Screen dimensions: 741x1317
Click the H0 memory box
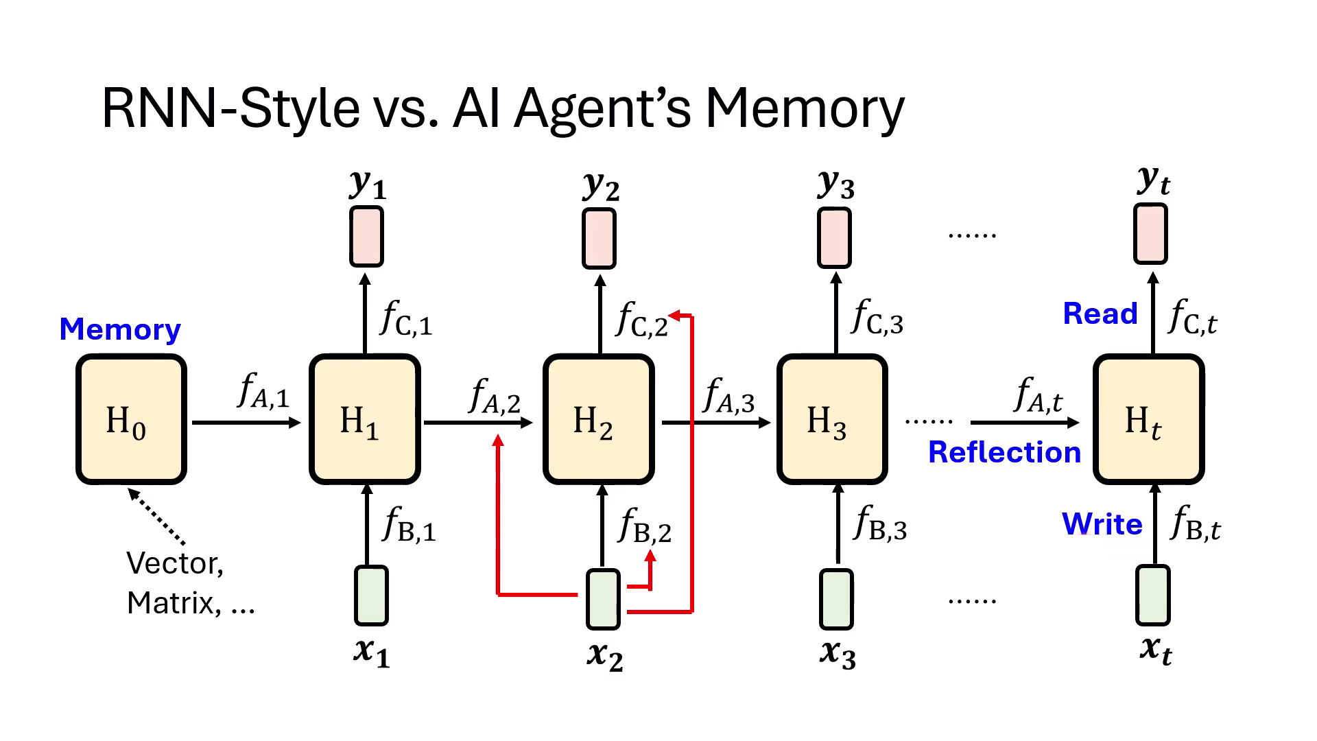pyautogui.click(x=131, y=419)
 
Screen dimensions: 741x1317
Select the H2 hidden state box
pyautogui.click(x=598, y=419)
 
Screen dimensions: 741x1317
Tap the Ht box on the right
pyautogui.click(x=1148, y=419)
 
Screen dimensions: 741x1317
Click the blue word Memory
pyautogui.click(x=120, y=329)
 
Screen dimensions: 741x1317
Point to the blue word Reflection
pyautogui.click(x=1004, y=453)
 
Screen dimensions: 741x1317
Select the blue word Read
pyautogui.click(x=1100, y=314)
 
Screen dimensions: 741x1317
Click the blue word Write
pyautogui.click(x=1102, y=524)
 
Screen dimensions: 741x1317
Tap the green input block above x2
pyautogui.click(x=603, y=599)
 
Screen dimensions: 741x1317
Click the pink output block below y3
pyautogui.click(x=834, y=238)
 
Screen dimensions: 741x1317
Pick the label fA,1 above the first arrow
pyautogui.click(x=263, y=391)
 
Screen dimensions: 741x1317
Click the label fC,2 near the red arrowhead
pyautogui.click(x=641, y=320)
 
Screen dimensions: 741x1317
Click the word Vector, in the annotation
pyautogui.click(x=175, y=563)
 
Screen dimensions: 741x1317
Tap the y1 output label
pyautogui.click(x=368, y=184)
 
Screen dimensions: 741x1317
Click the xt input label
pyautogui.click(x=1155, y=649)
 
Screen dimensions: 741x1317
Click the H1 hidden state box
pyautogui.click(x=364, y=419)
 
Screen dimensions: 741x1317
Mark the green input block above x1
pyautogui.click(x=371, y=595)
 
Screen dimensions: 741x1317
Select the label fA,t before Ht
pyautogui.click(x=1037, y=395)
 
